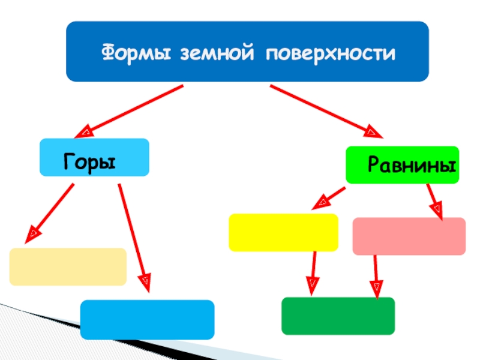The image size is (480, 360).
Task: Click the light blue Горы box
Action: coord(94,157)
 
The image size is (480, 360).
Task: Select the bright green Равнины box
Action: coord(402,165)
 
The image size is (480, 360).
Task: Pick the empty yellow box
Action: coord(283,232)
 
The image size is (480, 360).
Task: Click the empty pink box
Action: coord(409,236)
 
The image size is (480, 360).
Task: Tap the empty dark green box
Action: coord(338,316)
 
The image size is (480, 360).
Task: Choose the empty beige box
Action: coord(68,266)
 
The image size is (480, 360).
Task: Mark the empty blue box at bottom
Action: coord(147,319)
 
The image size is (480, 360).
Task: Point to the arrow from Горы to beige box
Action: coord(52,209)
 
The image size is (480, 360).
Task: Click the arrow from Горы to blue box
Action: coord(133,234)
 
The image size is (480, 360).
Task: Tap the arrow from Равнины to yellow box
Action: coord(329,197)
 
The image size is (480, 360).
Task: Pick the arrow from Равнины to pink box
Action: coord(434,201)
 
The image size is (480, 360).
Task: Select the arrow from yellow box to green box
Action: coord(313,272)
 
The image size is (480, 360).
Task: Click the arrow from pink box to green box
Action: coord(376,276)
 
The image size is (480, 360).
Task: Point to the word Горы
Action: coord(89,162)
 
